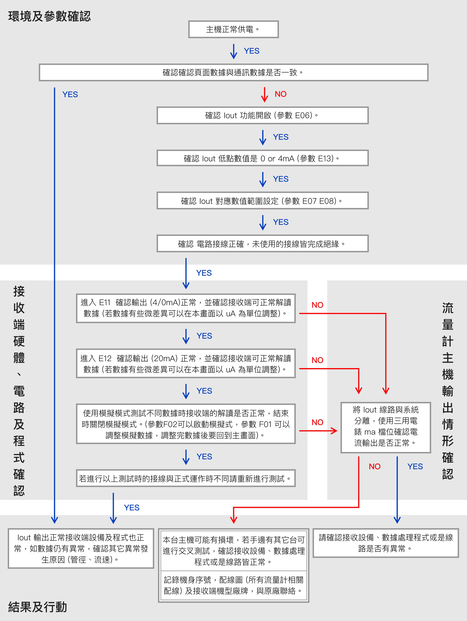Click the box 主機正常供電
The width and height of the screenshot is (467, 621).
(x=233, y=29)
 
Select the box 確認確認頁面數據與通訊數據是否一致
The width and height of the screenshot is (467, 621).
(x=233, y=72)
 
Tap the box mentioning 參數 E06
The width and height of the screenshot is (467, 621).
(x=262, y=115)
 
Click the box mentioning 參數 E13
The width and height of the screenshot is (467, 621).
(x=262, y=158)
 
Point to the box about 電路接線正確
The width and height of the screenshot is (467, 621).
(x=262, y=244)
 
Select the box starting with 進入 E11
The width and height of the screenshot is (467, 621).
(x=186, y=308)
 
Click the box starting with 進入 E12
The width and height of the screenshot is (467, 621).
(x=186, y=364)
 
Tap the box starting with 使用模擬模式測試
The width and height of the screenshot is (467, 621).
(x=186, y=424)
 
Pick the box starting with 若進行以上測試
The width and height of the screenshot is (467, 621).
(x=186, y=478)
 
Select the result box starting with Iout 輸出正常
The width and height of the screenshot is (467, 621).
(x=81, y=548)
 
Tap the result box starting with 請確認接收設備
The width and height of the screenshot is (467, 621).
(x=386, y=543)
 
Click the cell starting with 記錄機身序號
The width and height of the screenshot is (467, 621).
(x=233, y=585)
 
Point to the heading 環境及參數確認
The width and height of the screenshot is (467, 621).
(x=49, y=16)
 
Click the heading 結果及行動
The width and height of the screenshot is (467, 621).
(x=38, y=607)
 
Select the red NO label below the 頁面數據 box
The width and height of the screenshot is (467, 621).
(x=281, y=94)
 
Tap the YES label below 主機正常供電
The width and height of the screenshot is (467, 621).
(x=252, y=51)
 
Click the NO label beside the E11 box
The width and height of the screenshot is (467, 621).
(x=317, y=305)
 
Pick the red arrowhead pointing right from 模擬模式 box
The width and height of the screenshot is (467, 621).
(x=334, y=431)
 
